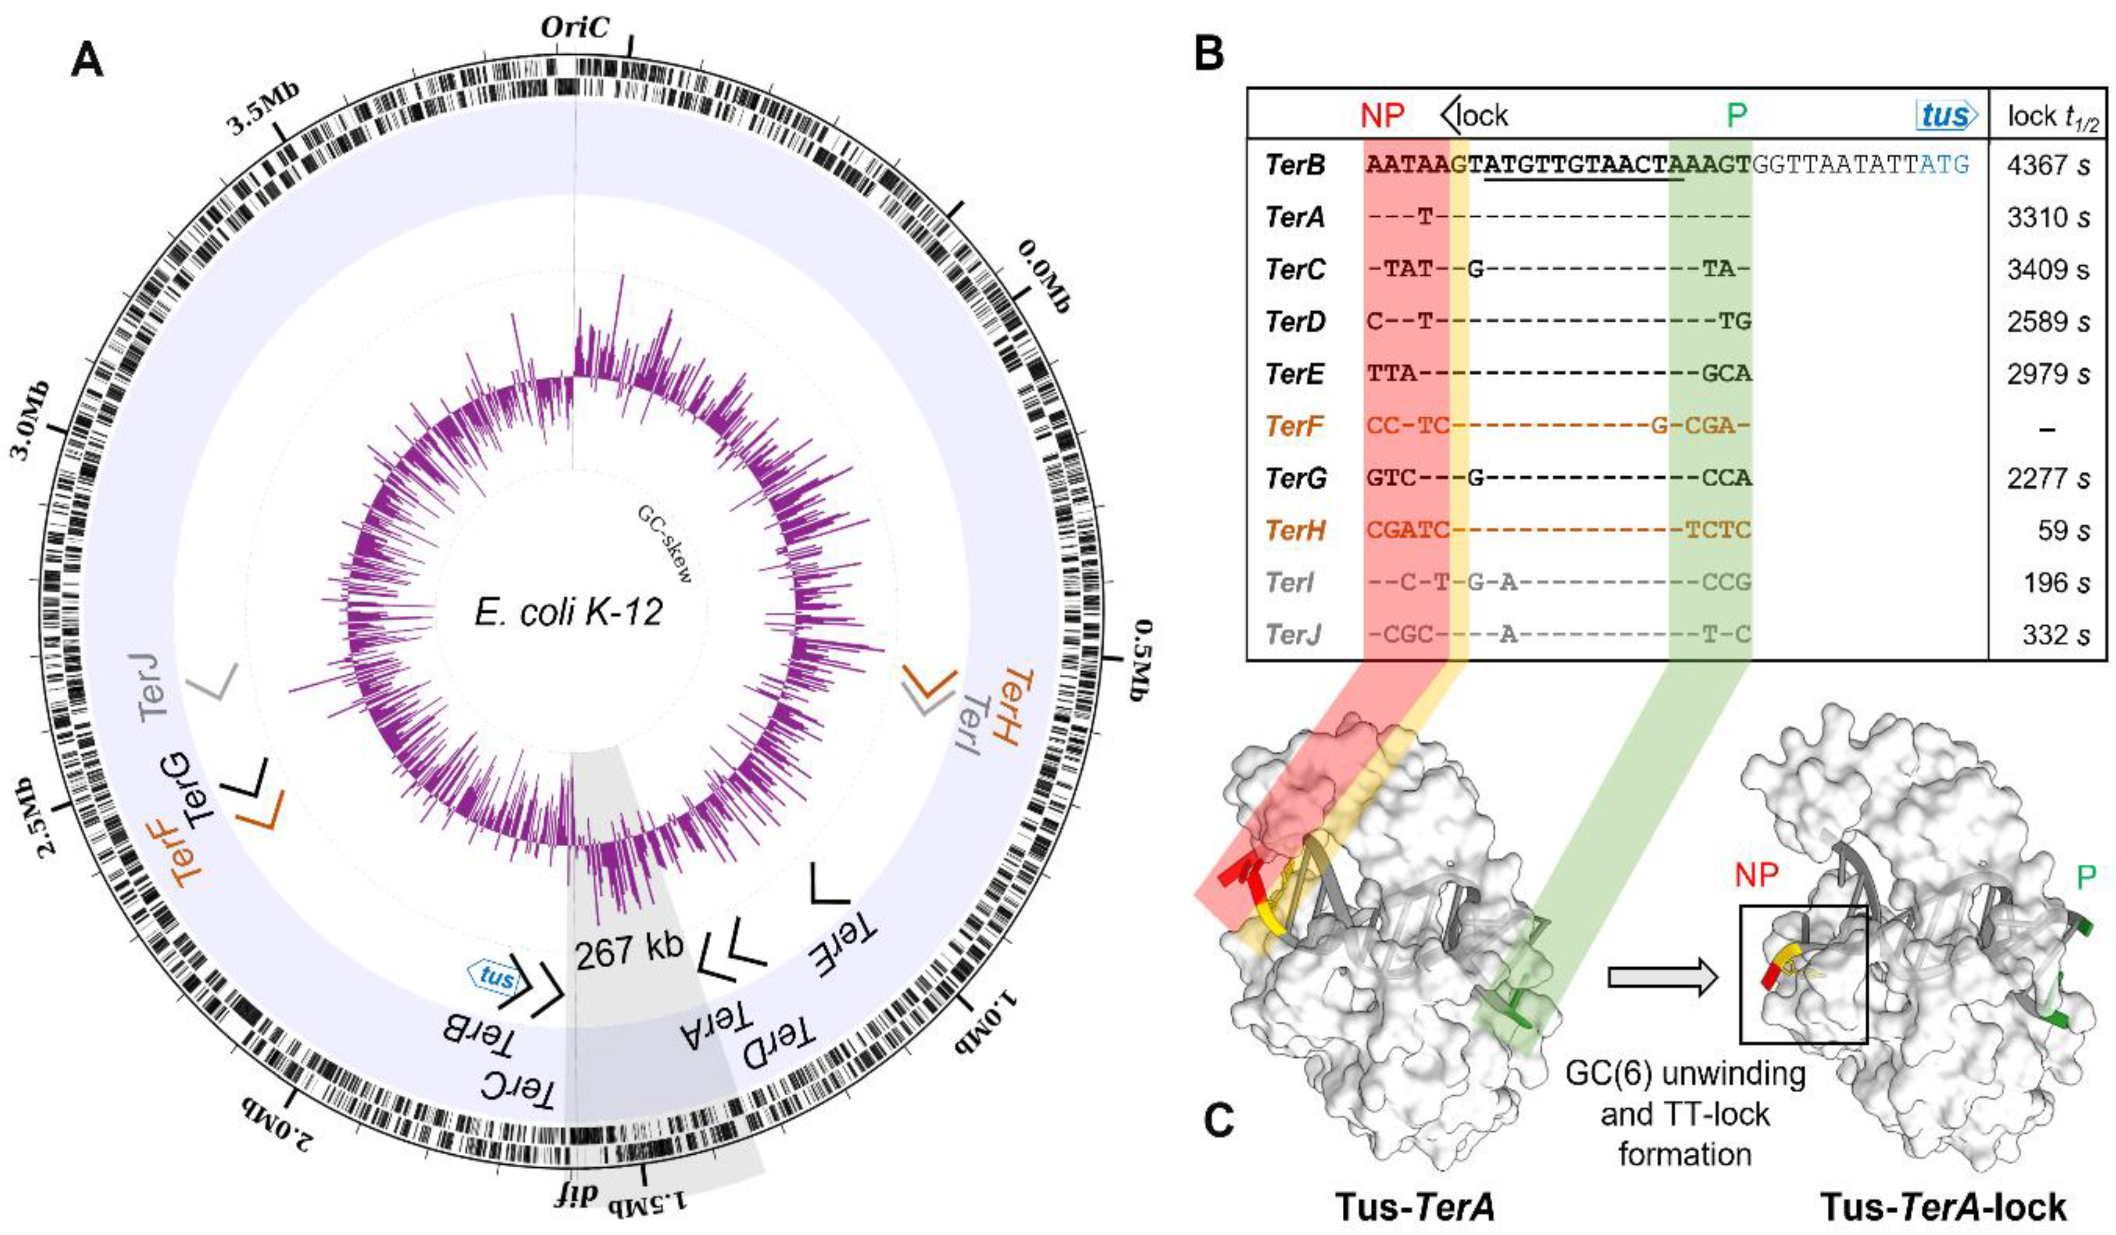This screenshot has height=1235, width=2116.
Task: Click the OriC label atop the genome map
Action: pos(574,27)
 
